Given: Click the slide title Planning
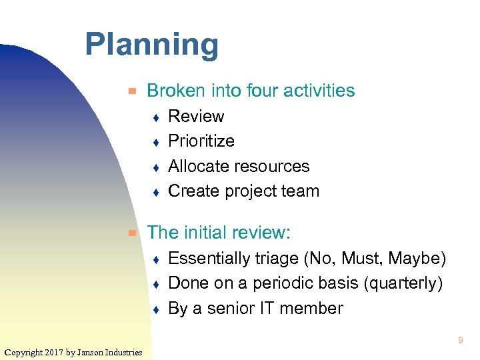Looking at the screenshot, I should (151, 45).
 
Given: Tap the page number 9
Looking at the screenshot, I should (460, 341).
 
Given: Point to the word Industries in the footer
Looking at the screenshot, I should (122, 352).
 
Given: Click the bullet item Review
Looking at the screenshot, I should (196, 116).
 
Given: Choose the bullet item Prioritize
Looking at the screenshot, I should (201, 141).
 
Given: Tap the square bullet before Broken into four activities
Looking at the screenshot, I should (133, 91).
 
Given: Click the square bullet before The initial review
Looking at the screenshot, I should (133, 233).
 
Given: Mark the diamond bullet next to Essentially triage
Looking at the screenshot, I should (155, 259).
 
